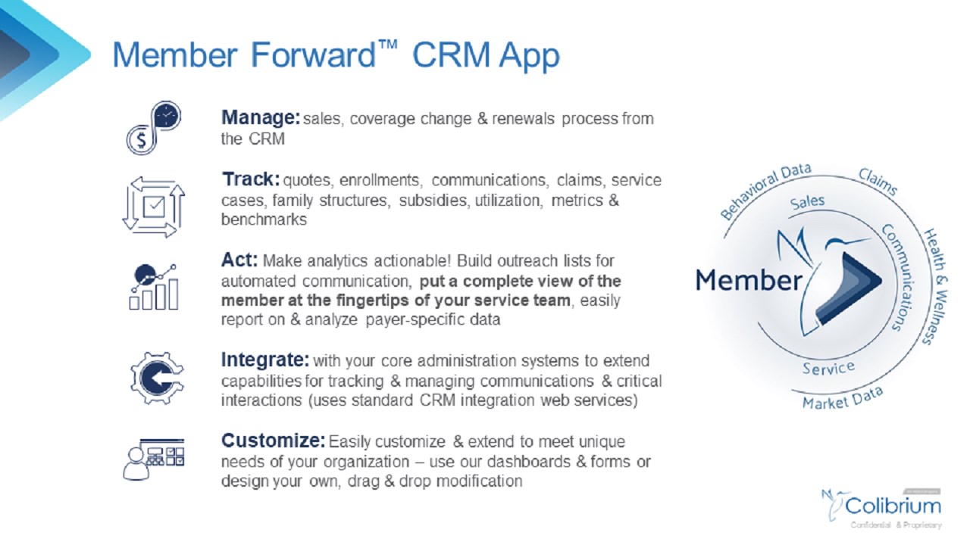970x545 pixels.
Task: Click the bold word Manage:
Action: point(261,118)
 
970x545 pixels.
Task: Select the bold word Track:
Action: point(251,180)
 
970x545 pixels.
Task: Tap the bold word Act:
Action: point(239,260)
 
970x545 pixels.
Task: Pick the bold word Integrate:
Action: point(265,359)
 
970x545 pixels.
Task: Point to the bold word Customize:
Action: point(274,441)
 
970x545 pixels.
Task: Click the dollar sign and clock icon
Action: point(153,128)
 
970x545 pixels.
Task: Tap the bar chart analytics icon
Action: point(154,287)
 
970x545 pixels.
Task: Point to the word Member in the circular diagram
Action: point(748,280)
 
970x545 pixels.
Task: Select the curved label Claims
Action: point(878,182)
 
